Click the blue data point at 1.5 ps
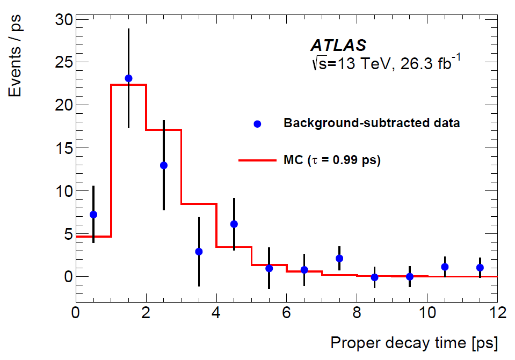[x=128, y=78]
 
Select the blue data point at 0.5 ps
[x=93, y=215]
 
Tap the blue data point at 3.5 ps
[x=199, y=252]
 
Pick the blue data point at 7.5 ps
[x=339, y=259]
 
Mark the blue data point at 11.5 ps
[x=480, y=268]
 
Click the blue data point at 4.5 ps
[x=234, y=224]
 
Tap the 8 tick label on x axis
[x=357, y=313]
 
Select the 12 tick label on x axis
[x=497, y=313]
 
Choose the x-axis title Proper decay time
[x=414, y=342]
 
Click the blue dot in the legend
[x=257, y=124]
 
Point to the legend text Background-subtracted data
[x=372, y=123]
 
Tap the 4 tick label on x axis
[x=216, y=313]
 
